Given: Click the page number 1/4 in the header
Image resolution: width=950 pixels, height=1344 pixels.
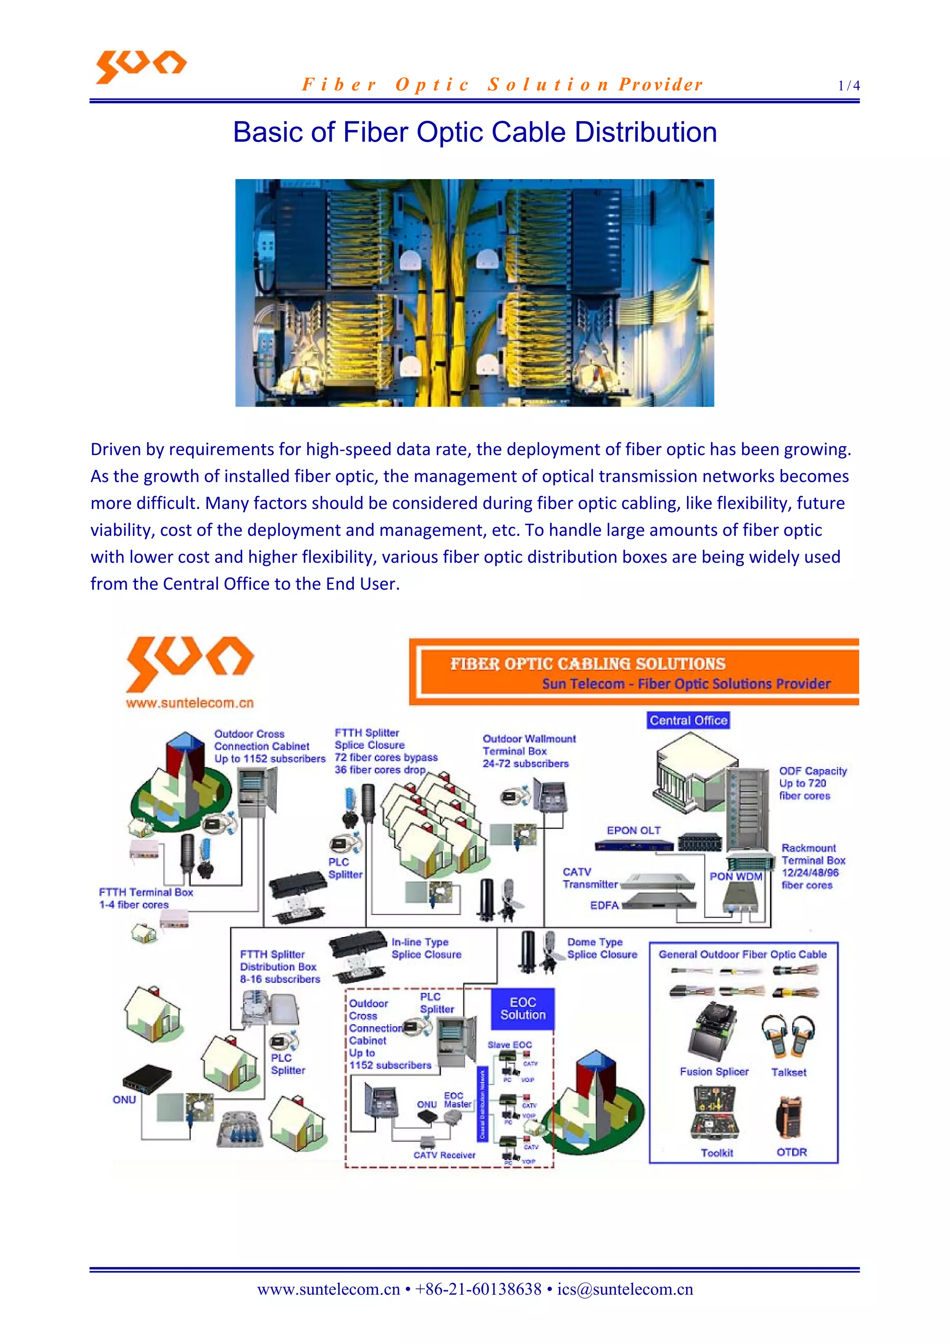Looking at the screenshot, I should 849,86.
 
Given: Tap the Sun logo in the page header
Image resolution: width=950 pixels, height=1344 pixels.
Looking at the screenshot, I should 141,66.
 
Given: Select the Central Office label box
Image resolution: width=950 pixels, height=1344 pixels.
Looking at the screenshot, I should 688,720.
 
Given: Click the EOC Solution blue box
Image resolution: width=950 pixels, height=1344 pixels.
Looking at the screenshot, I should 523,1009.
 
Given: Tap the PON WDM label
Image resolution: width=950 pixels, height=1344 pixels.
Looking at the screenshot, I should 736,876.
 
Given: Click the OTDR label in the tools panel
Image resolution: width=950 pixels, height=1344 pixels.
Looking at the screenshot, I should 791,1152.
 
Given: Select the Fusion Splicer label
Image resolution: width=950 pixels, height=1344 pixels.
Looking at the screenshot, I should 714,1071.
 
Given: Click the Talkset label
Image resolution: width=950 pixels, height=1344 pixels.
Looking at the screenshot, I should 789,1072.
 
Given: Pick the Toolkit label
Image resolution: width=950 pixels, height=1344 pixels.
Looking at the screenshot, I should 717,1152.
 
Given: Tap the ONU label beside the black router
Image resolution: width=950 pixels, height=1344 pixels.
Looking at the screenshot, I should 124,1100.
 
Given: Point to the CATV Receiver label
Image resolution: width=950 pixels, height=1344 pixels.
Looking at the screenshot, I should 444,1155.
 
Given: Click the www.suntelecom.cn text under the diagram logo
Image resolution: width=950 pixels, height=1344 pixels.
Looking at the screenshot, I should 190,702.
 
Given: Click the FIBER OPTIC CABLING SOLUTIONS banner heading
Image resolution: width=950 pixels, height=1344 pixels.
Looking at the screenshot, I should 588,664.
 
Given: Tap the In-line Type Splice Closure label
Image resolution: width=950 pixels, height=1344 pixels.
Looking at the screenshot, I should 426,948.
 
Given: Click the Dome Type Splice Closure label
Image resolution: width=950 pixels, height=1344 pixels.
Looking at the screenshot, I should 602,948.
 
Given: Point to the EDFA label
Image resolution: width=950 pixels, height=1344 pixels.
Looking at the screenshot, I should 604,905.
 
